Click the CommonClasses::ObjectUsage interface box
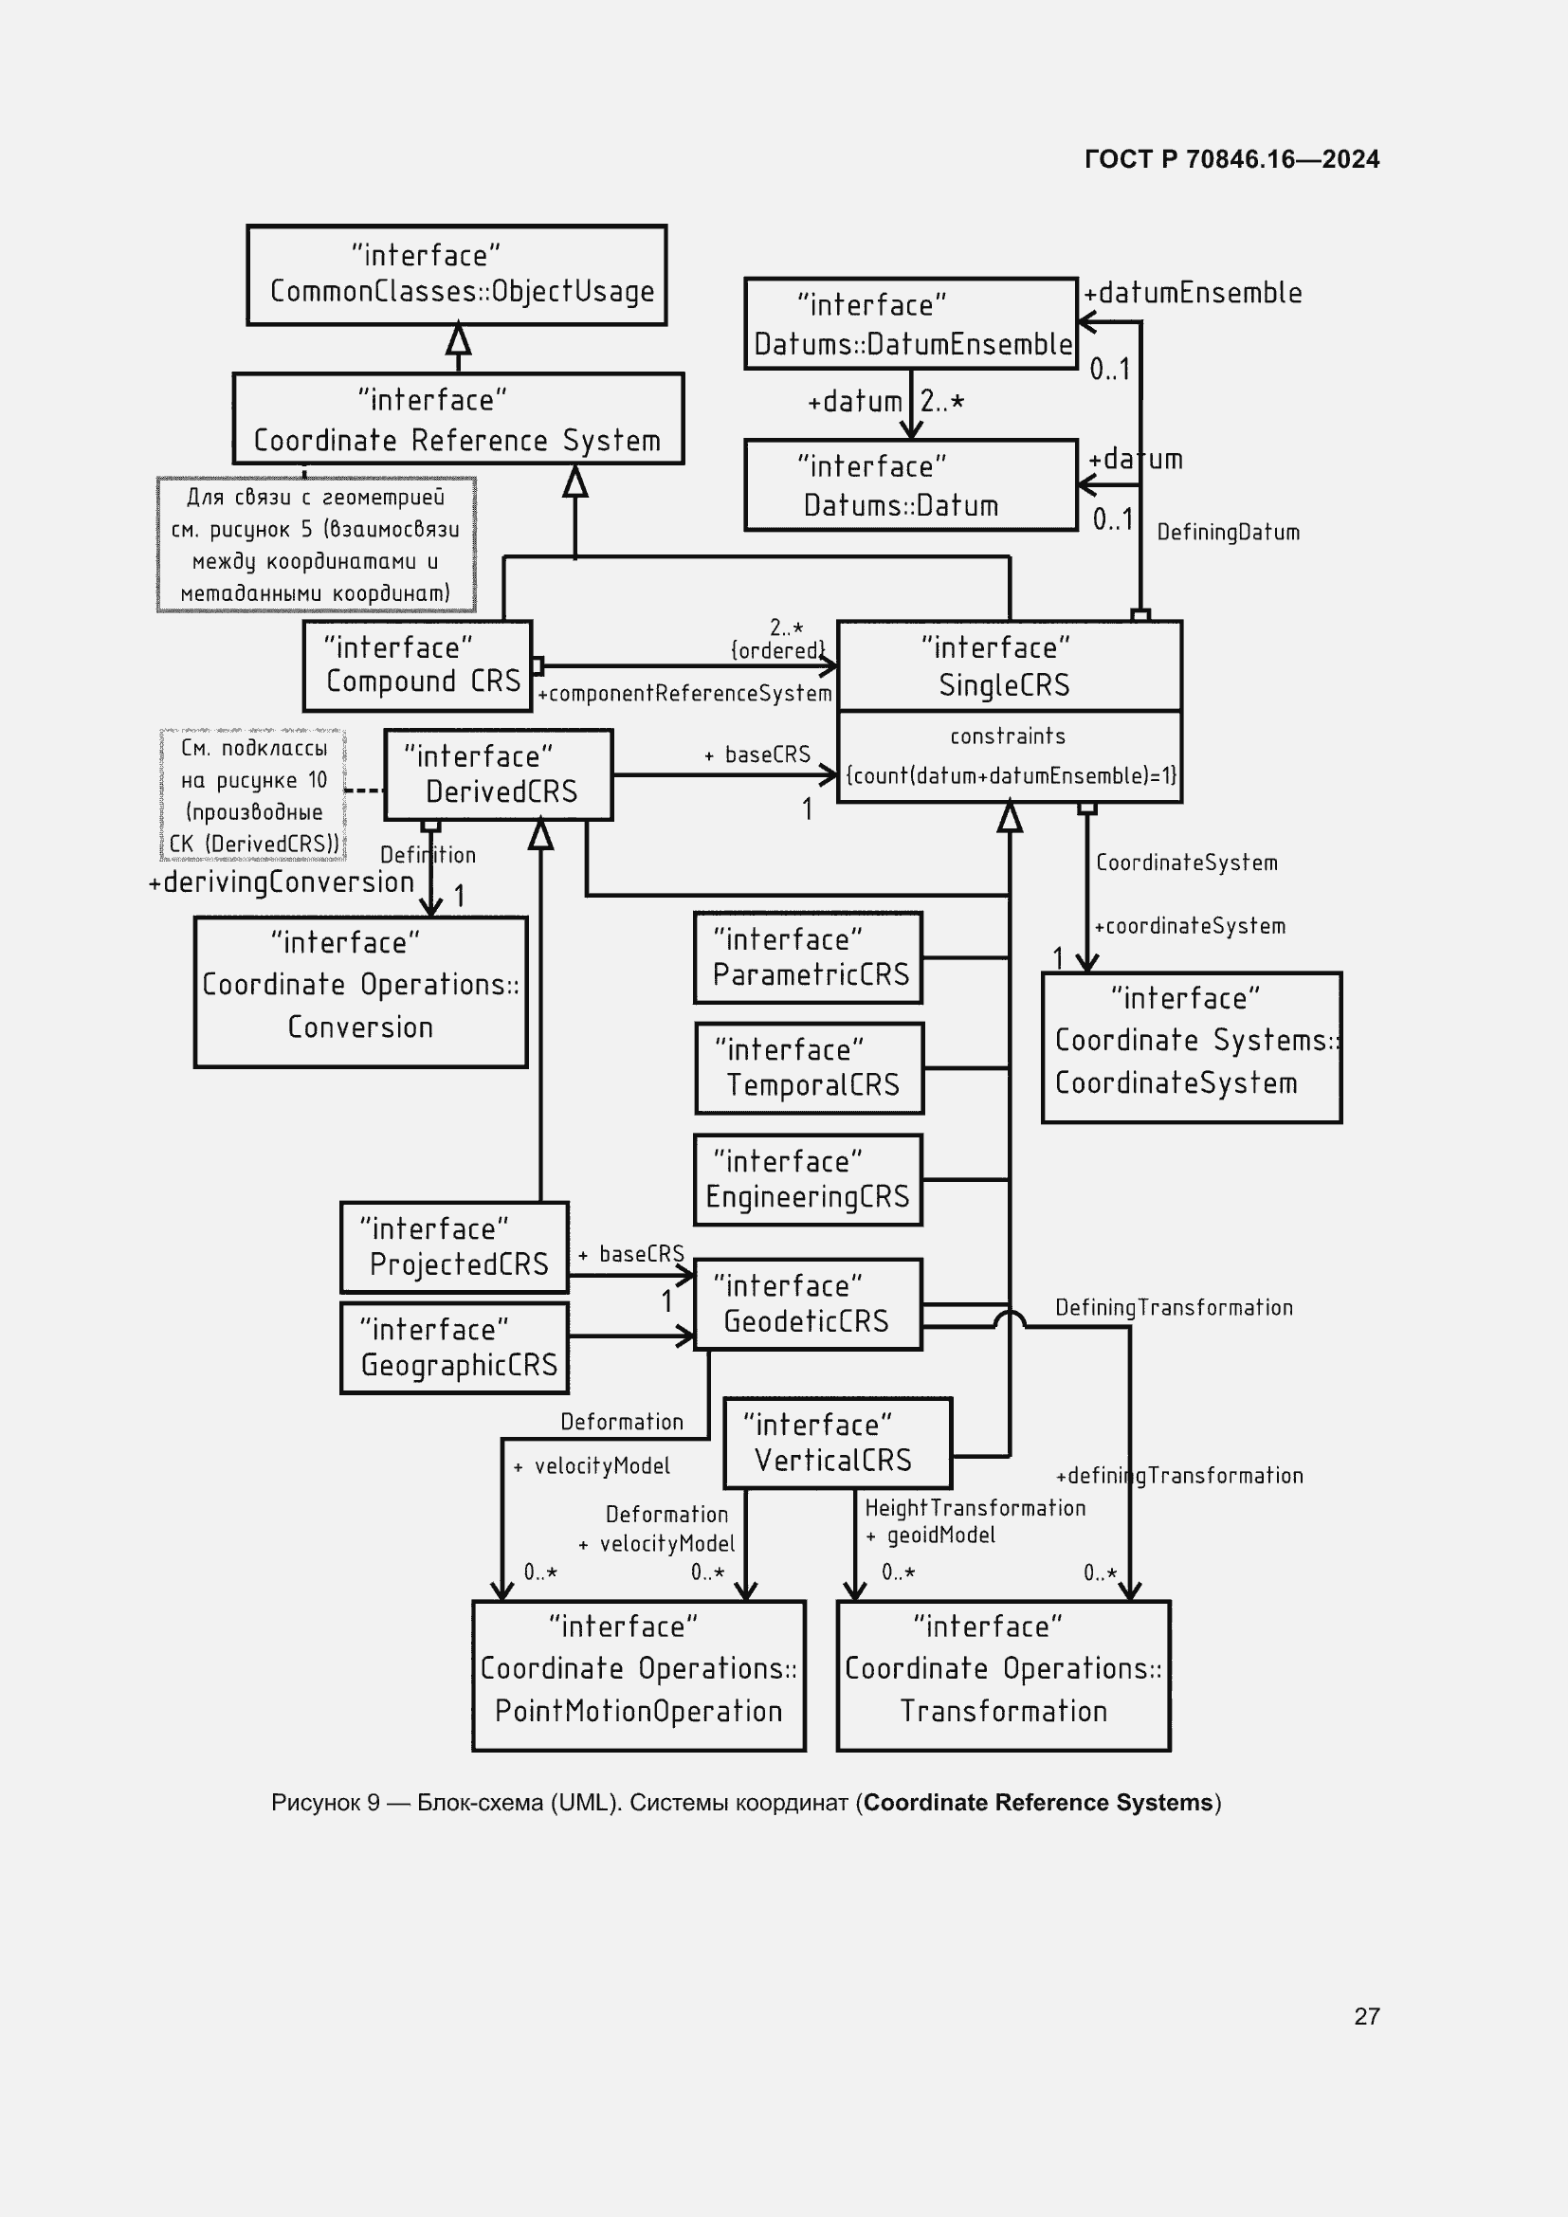(x=457, y=275)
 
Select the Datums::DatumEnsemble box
(x=910, y=323)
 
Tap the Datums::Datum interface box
(x=910, y=484)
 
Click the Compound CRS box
(x=417, y=665)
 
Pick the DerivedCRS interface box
(x=499, y=774)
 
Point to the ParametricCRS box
(x=808, y=957)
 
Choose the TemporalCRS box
(x=809, y=1068)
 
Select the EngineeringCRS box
(x=808, y=1179)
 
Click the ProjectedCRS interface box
(x=454, y=1246)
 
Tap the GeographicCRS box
(x=454, y=1348)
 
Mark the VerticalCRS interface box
(x=837, y=1443)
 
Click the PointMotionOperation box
(x=638, y=1675)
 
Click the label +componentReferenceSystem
(x=684, y=693)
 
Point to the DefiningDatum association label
(x=1227, y=532)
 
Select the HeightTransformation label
(x=975, y=1508)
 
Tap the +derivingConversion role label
(x=281, y=882)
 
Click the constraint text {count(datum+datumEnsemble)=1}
(x=1010, y=775)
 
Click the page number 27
(x=1366, y=2016)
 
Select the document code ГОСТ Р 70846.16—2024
(x=1231, y=159)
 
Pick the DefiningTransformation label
(x=1173, y=1307)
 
